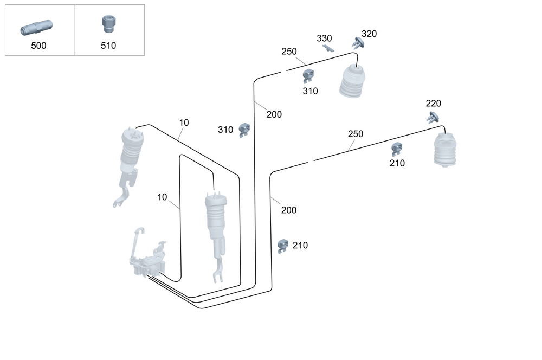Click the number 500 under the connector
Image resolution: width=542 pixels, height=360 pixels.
[x=38, y=46]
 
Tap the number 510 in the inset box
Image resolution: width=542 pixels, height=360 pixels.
[x=108, y=46]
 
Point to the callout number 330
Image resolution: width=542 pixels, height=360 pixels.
[x=324, y=38]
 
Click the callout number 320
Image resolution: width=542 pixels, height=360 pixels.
[x=369, y=34]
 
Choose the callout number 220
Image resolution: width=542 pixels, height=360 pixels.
[x=433, y=103]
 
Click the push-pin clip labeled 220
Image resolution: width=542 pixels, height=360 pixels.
[x=433, y=116]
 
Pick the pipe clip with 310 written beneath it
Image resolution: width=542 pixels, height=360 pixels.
[x=308, y=75]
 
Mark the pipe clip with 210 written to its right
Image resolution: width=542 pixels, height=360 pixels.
[x=282, y=246]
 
